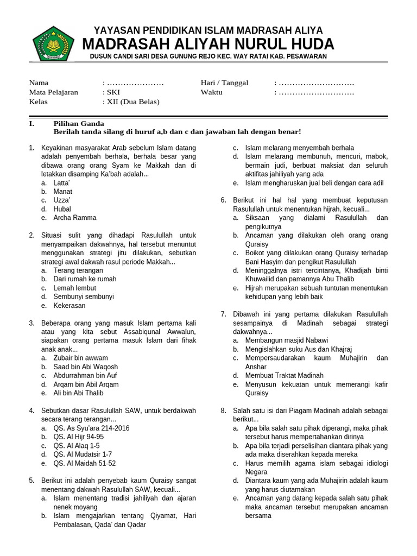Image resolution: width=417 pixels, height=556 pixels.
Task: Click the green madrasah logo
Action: [x=53, y=43]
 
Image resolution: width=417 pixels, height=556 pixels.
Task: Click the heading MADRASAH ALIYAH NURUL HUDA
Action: [x=208, y=44]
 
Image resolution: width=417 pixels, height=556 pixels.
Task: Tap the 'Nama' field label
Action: [x=39, y=83]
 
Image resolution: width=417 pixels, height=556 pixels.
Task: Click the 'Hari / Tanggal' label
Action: [x=224, y=83]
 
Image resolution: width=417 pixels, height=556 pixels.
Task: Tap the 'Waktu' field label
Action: [x=212, y=92]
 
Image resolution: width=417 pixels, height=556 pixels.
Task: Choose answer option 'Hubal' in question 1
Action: [x=62, y=209]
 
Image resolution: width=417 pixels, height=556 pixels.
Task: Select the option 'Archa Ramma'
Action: [x=74, y=218]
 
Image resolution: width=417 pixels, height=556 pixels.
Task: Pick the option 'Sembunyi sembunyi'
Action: [x=83, y=296]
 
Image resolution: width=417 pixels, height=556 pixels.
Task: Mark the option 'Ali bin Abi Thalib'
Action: [x=78, y=393]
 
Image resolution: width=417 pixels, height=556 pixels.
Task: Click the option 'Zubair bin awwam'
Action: [x=80, y=358]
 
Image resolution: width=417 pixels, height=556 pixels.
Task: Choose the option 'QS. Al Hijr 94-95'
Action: [x=78, y=437]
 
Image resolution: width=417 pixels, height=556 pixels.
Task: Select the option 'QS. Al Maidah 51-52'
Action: [x=84, y=463]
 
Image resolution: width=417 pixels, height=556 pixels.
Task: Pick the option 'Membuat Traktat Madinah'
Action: [x=284, y=375]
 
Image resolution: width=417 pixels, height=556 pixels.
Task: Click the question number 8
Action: [x=223, y=410]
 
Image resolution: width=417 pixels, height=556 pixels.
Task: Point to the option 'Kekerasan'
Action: [x=69, y=306]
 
